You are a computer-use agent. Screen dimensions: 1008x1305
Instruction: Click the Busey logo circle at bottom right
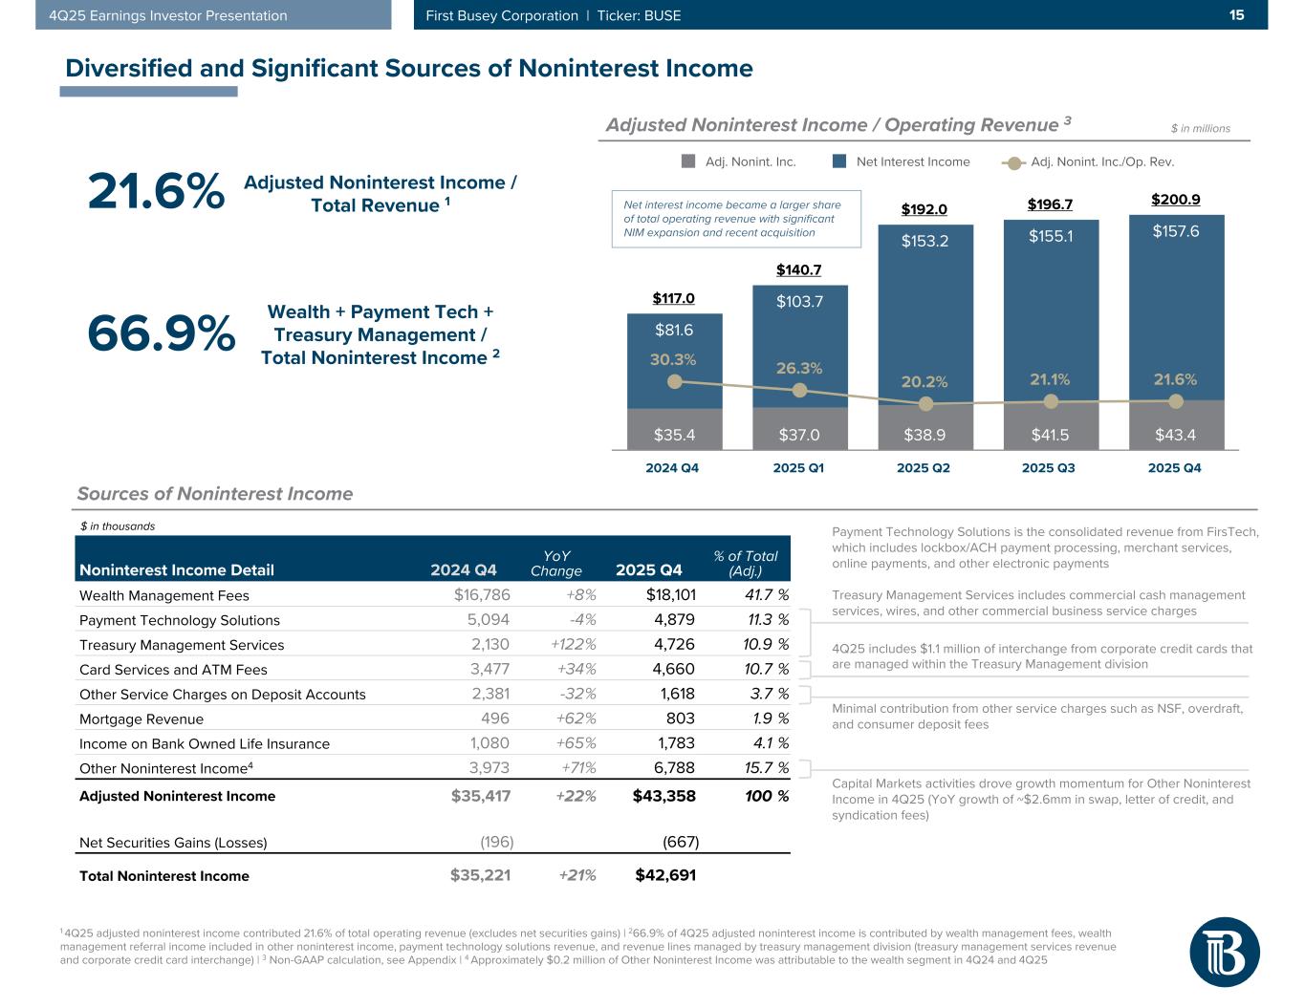tap(1224, 952)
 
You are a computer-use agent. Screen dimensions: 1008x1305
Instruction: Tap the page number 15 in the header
tap(1236, 15)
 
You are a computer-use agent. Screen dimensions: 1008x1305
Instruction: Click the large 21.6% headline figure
tap(156, 192)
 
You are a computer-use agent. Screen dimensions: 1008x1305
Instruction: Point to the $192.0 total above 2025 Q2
tap(924, 209)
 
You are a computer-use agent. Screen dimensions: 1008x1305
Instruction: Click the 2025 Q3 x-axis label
tap(1049, 468)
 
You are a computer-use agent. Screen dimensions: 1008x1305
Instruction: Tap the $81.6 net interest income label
tap(674, 331)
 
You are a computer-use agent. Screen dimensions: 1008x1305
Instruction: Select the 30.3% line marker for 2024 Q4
tap(675, 381)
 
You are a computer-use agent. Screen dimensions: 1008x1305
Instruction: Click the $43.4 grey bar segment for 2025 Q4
tap(1175, 435)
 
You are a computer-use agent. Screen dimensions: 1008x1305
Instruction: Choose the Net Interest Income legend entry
tap(902, 161)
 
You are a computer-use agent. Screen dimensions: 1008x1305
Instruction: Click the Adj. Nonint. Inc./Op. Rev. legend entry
tap(1089, 161)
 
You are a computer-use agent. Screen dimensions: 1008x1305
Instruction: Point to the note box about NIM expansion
tap(735, 219)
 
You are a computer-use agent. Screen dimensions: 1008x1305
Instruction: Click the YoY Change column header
tap(555, 563)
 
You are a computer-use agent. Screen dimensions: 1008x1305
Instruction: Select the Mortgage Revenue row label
tap(141, 719)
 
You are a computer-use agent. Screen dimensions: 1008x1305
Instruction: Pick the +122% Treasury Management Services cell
tap(574, 645)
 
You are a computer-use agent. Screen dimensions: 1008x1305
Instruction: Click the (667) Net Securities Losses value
tap(681, 843)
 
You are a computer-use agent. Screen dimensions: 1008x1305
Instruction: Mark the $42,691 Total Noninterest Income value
tap(665, 875)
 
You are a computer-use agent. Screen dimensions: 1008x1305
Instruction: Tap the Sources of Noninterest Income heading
tap(215, 494)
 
